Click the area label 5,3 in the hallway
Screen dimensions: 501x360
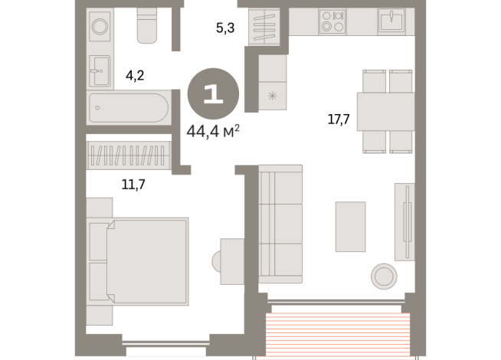click(x=225, y=28)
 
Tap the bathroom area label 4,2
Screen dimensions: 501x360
click(x=135, y=76)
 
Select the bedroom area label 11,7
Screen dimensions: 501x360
click(x=133, y=185)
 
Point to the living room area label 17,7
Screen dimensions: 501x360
click(x=339, y=119)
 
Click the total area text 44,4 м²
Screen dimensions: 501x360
click(x=213, y=131)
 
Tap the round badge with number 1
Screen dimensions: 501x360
click(x=213, y=93)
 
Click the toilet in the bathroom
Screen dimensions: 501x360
click(x=147, y=25)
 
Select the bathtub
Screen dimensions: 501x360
click(x=129, y=108)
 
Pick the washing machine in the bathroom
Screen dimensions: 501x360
click(x=100, y=26)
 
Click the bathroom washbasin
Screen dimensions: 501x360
click(x=100, y=70)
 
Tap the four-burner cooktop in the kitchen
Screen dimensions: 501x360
click(x=332, y=21)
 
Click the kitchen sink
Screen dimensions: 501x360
click(x=391, y=20)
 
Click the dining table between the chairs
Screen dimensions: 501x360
click(x=385, y=112)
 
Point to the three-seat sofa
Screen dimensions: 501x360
click(x=280, y=224)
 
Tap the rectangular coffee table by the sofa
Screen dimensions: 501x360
click(x=351, y=227)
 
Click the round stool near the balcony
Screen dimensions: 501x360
click(x=384, y=277)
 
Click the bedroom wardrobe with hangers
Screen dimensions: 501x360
click(x=129, y=155)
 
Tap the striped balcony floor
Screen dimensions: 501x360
click(x=338, y=335)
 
